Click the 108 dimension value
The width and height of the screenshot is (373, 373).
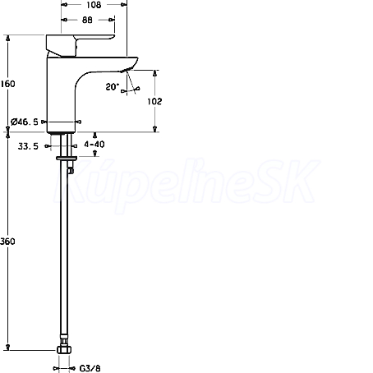pyautogui.click(x=94, y=5)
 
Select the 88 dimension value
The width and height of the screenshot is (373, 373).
pyautogui.click(x=87, y=20)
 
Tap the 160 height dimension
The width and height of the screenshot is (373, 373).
pyautogui.click(x=7, y=84)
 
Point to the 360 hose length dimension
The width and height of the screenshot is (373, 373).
pyautogui.click(x=7, y=242)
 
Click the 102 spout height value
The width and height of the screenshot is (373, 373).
pyautogui.click(x=154, y=101)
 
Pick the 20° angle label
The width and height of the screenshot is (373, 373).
pyautogui.click(x=113, y=87)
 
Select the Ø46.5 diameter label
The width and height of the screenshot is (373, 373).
pyautogui.click(x=25, y=122)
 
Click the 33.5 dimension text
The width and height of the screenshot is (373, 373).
pyautogui.click(x=28, y=146)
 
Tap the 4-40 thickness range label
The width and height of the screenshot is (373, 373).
pyautogui.click(x=94, y=144)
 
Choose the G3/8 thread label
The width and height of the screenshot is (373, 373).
pyautogui.click(x=90, y=368)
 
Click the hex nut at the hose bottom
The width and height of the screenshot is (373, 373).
pyautogui.click(x=64, y=350)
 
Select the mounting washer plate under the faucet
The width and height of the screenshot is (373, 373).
pyautogui.click(x=67, y=158)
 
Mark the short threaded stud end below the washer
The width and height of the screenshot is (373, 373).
pyautogui.click(x=71, y=171)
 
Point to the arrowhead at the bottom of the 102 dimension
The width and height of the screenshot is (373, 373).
pyautogui.click(x=155, y=129)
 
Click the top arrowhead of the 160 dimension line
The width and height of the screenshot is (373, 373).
pyautogui.click(x=7, y=38)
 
